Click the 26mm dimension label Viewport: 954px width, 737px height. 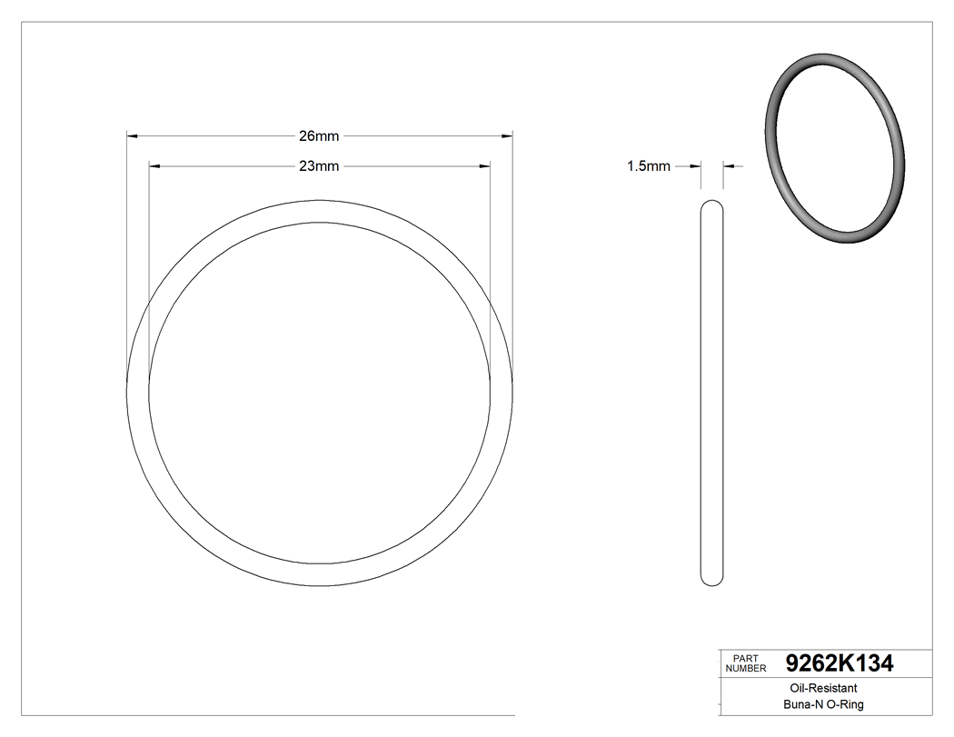319,136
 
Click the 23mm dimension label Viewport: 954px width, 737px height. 319,166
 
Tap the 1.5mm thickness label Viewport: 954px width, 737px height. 648,166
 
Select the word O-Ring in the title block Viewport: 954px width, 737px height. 845,704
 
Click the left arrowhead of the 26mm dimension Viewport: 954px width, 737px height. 132,136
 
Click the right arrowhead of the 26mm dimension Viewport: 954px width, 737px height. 507,136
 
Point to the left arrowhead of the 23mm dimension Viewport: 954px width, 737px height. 154,166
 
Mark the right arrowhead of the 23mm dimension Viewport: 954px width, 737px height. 484,166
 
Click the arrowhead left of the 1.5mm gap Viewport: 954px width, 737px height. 697,166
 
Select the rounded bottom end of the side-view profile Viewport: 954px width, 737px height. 713,582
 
